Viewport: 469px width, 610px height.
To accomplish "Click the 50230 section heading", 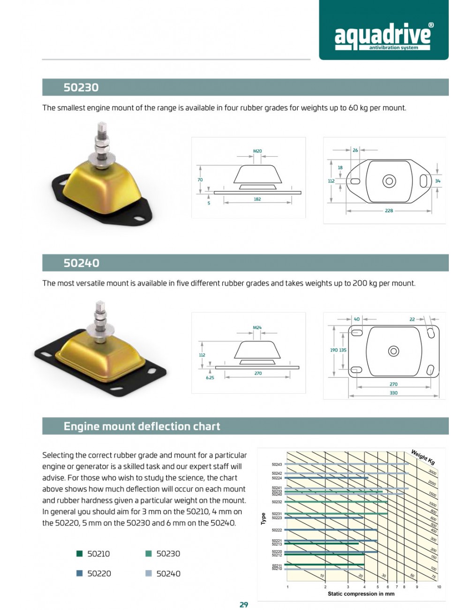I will (81, 87).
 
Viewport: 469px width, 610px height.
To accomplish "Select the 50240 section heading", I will (82, 263).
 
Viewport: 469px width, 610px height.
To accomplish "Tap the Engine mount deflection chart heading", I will (142, 426).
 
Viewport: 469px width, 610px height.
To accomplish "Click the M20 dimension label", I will (257, 151).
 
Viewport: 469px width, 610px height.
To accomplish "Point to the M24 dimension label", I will (257, 328).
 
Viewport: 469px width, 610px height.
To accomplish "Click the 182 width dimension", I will (257, 199).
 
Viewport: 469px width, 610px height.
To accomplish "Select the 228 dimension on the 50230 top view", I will (389, 211).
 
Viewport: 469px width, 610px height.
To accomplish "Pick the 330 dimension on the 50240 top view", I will (393, 393).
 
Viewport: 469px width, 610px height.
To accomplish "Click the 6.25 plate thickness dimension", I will (210, 377).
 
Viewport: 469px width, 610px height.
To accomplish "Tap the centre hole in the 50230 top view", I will (389, 181).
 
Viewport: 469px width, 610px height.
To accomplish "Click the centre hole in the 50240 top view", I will (393, 351).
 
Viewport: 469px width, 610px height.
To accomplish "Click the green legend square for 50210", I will (80, 554).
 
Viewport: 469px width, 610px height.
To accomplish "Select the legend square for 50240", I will (149, 573).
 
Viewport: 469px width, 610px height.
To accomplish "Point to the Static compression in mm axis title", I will (361, 594).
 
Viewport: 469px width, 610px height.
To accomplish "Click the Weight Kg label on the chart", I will (423, 457).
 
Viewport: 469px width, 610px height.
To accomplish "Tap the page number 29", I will (244, 604).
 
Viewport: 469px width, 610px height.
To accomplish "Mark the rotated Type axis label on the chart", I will (263, 518).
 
